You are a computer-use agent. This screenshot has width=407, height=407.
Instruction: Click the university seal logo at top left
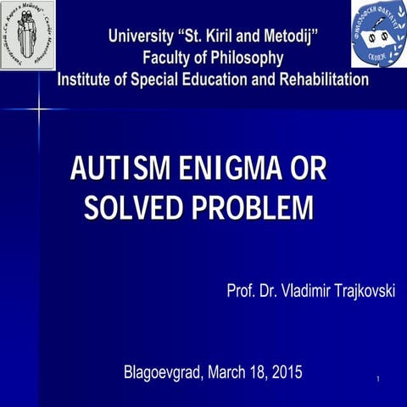[x=27, y=34]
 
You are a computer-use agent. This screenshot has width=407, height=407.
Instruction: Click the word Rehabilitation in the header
[x=319, y=80]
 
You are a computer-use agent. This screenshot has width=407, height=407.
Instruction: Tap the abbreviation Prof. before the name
[x=243, y=293]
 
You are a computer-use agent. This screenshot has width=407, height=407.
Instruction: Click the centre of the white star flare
[x=39, y=109]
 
